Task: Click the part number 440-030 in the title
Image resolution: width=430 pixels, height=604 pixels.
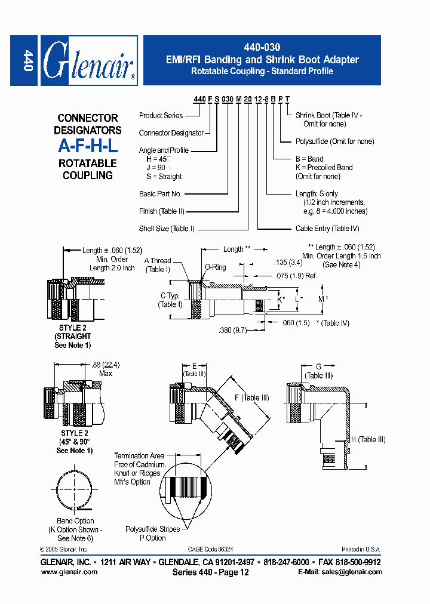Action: pos(262,47)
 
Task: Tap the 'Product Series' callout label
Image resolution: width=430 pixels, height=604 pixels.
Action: pos(161,115)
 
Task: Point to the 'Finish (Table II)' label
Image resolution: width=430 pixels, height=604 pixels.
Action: pos(161,211)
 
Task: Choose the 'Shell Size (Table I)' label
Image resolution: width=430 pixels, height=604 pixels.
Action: pos(167,229)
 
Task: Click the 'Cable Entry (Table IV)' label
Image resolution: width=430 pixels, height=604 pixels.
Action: pos(327,229)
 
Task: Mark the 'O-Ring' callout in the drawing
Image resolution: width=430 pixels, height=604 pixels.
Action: pos(215,267)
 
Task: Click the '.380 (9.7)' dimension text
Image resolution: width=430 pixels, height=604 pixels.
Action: pos(234,330)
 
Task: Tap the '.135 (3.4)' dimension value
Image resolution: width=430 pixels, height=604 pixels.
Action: pos(288,262)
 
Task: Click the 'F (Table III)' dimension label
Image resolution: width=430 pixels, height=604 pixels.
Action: pos(252,398)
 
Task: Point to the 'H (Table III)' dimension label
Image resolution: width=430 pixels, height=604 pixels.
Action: pos(368,440)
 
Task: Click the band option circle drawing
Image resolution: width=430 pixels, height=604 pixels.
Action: pos(76,490)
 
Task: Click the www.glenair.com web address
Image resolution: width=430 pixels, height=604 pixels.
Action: pos(69,572)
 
